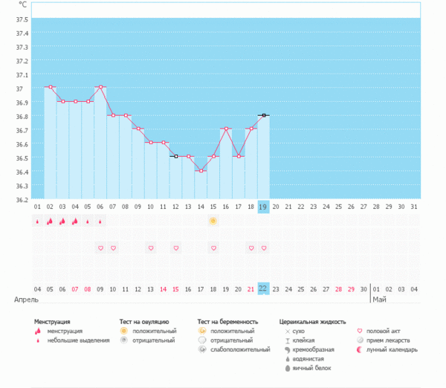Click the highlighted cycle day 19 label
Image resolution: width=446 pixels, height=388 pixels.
[x=263, y=207]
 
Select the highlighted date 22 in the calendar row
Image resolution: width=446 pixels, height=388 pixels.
[x=263, y=288]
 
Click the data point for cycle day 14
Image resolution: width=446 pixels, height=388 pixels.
[x=200, y=171]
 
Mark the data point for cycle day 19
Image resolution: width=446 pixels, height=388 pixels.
[x=263, y=115]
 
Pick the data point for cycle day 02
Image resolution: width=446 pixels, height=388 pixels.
[x=50, y=87]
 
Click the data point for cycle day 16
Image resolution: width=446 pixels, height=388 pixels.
[x=225, y=129]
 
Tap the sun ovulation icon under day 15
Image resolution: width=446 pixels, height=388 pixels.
[x=213, y=221]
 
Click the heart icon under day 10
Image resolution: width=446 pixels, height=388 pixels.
[x=150, y=248]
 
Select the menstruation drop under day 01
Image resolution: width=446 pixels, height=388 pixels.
[x=37, y=221]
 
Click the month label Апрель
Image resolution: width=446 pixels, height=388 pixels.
[x=26, y=300]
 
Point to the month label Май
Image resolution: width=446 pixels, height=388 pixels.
[x=380, y=300]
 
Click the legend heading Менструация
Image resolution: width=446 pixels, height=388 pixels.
[x=56, y=322]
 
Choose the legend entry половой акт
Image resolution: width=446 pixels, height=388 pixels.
[x=384, y=331]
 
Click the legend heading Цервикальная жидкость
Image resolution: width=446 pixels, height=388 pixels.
[x=312, y=322]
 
